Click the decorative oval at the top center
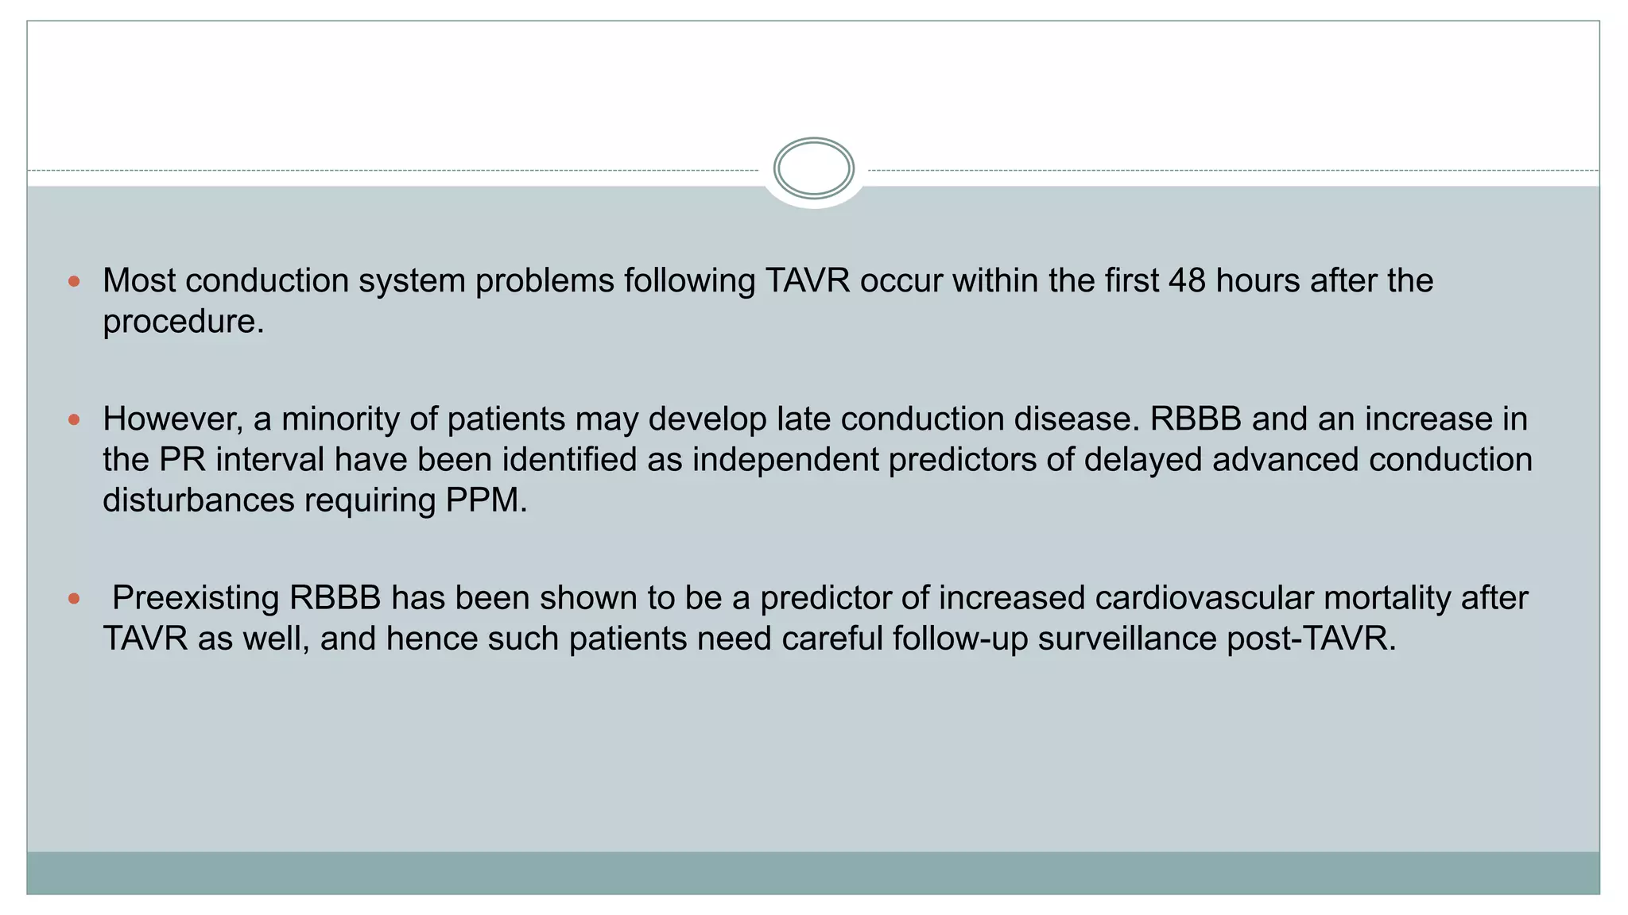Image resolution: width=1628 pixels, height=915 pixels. [x=813, y=168]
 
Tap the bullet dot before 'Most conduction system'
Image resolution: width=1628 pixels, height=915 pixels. [x=75, y=281]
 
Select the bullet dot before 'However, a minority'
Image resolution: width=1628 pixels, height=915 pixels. [x=75, y=419]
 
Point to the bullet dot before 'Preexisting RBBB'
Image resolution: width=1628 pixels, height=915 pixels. [x=75, y=599]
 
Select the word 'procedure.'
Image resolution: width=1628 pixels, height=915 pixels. [x=183, y=322]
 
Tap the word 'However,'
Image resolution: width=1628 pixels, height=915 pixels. [x=172, y=419]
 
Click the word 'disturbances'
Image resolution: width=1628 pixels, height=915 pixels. [x=198, y=500]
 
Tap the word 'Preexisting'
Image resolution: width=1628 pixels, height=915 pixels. [x=196, y=598]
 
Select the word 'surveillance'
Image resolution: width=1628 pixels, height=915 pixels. [x=1127, y=639]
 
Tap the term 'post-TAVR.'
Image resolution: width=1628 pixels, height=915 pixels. [x=1312, y=639]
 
